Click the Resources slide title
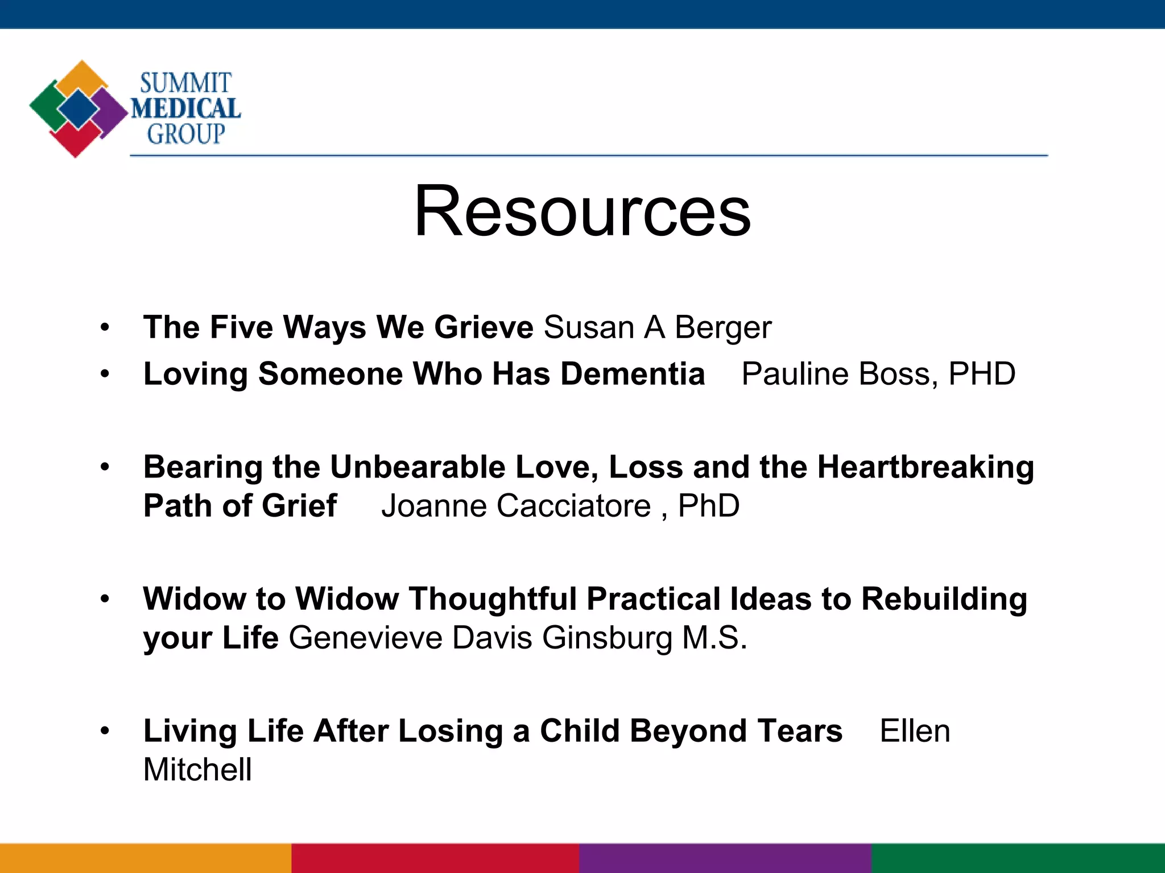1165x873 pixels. tap(582, 211)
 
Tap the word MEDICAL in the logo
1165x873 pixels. tap(186, 109)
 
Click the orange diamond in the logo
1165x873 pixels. tap(82, 77)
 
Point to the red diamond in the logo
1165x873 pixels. tap(75, 139)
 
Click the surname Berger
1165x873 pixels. tap(723, 328)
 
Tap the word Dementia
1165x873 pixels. tap(633, 374)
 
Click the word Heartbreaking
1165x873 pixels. tap(925, 467)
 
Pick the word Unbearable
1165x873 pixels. tap(418, 467)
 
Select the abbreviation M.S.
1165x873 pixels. tap(714, 638)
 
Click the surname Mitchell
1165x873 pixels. tap(197, 770)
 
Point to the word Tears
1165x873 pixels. tap(800, 731)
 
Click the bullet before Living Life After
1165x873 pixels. tap(105, 731)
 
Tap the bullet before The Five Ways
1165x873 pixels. tap(105, 328)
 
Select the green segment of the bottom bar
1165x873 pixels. tap(1018, 858)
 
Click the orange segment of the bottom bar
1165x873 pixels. tap(146, 858)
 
